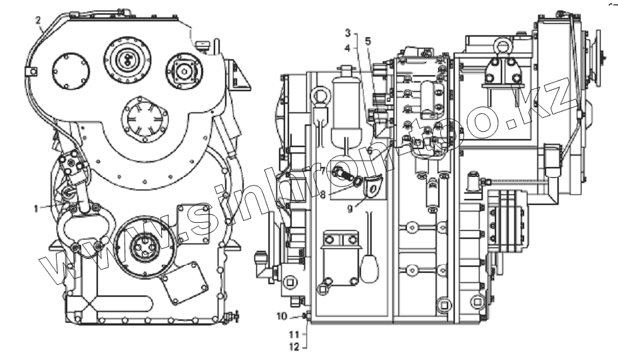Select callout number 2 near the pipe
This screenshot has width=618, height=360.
point(39,21)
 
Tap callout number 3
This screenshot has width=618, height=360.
point(347,32)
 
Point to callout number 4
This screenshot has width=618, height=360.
point(347,48)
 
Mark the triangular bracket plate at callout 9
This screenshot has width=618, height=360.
point(374,186)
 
